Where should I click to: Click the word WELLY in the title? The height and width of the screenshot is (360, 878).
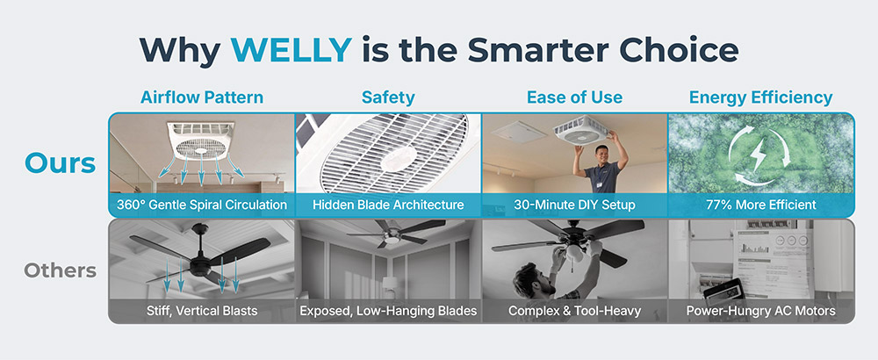click(291, 50)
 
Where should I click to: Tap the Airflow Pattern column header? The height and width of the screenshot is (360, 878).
click(202, 97)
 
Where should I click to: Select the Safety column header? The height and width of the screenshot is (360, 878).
click(388, 97)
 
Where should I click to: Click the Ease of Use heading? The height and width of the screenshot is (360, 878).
click(574, 97)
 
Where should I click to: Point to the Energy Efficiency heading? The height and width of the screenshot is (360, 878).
click(761, 97)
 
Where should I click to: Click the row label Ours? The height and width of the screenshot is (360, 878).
click(61, 163)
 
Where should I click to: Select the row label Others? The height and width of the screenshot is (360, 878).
click(60, 271)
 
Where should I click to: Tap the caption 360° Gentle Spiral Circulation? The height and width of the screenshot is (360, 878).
click(202, 205)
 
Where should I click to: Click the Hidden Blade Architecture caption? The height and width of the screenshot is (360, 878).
click(388, 205)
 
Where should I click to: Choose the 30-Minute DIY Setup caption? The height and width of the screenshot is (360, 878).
click(574, 205)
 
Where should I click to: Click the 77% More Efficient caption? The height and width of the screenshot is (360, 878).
click(761, 205)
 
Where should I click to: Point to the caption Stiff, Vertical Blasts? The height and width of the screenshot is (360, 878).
click(202, 311)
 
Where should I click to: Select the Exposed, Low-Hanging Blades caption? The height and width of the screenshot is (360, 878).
click(388, 311)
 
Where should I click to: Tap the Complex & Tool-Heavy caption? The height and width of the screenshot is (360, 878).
click(574, 311)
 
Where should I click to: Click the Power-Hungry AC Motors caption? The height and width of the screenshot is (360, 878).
click(761, 311)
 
